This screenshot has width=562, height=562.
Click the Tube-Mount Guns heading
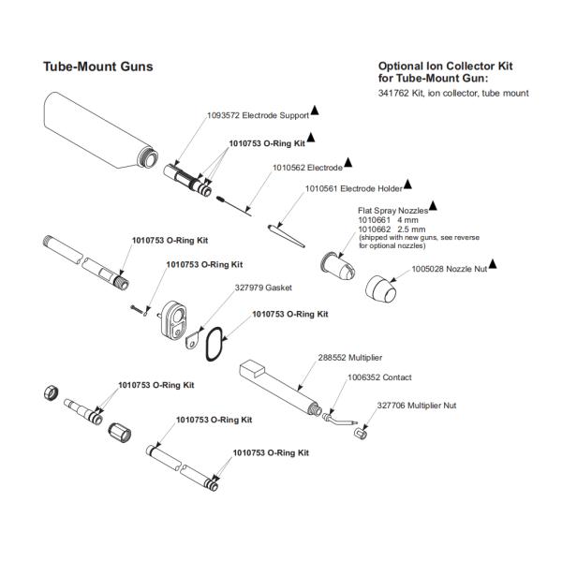click(x=97, y=67)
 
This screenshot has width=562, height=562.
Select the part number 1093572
click(x=223, y=115)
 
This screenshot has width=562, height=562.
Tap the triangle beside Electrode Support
click(x=315, y=111)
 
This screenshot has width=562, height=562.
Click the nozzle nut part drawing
click(x=380, y=290)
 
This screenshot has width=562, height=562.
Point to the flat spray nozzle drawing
click(x=337, y=266)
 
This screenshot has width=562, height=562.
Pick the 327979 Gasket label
click(x=263, y=288)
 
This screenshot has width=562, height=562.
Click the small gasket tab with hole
click(x=193, y=339)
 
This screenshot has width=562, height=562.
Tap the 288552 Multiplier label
click(x=350, y=358)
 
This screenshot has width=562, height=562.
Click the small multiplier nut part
click(x=361, y=434)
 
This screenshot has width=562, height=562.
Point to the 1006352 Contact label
click(x=379, y=377)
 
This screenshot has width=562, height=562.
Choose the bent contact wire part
click(x=339, y=420)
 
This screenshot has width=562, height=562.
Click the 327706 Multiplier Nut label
click(x=417, y=406)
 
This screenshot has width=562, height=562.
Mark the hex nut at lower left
click(x=52, y=392)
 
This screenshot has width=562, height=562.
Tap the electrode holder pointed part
click(x=287, y=236)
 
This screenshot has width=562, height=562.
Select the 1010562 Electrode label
click(x=307, y=168)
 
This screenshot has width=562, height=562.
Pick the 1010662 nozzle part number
click(x=374, y=229)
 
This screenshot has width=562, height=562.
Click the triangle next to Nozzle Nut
click(x=493, y=264)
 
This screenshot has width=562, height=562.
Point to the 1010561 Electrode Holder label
click(x=354, y=188)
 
